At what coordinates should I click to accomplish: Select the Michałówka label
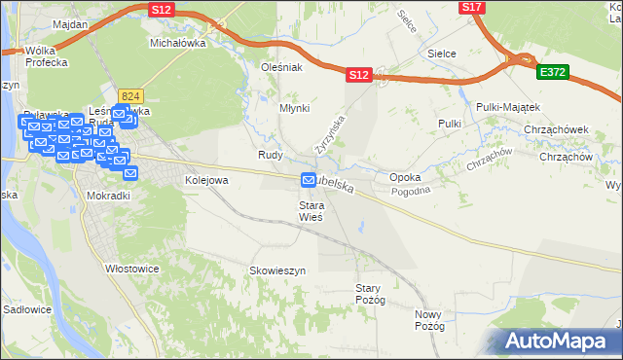coord(175,43)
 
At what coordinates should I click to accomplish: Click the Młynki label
coord(294,109)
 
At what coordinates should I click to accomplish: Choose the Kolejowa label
coord(206,180)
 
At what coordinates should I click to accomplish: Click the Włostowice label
coord(132,266)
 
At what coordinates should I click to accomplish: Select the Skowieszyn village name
coord(278,270)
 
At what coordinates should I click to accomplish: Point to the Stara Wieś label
coord(311,211)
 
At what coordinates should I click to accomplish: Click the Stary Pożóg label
coord(371,294)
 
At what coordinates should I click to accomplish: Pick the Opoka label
coord(405,178)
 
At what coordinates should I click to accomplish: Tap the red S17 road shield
coord(472,7)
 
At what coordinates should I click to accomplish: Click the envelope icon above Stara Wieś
coord(310,180)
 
